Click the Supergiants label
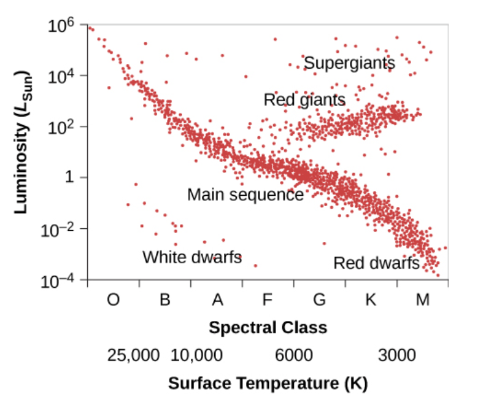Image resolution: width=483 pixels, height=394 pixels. click(349, 63)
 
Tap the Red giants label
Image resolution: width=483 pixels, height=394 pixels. click(304, 99)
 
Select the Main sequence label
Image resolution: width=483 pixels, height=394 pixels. click(245, 195)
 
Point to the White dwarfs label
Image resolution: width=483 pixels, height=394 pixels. click(192, 257)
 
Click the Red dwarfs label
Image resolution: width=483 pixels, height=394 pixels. click(376, 263)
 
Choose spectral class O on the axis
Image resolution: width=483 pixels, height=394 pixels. click(114, 300)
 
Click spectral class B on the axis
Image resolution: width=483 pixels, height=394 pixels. click(164, 300)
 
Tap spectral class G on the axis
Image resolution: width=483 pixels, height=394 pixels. click(319, 300)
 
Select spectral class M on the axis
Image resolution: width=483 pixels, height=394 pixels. click(422, 300)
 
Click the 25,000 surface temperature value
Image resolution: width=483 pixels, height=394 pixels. click(134, 355)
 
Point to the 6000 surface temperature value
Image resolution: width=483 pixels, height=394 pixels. click(293, 355)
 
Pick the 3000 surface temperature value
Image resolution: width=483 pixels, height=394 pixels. click(396, 355)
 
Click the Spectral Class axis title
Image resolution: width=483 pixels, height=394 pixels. click(268, 327)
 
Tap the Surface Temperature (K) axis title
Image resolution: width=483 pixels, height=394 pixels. click(268, 384)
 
